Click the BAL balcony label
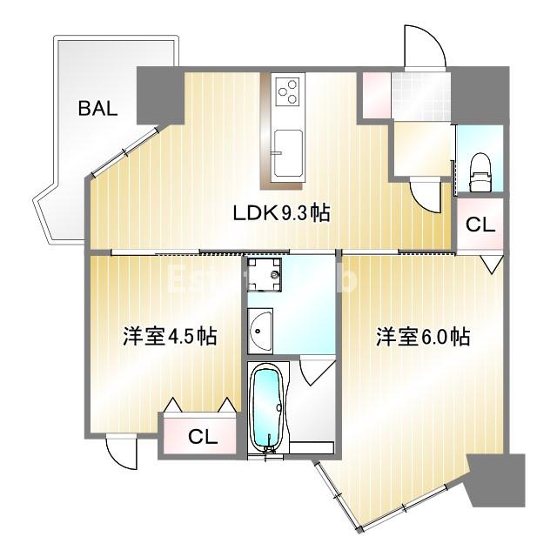tap(97, 109)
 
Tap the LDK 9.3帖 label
tap(279, 212)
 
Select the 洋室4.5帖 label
tap(170, 336)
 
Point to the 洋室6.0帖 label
tap(423, 336)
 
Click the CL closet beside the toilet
tap(480, 224)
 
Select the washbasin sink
tap(259, 329)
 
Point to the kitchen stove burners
tap(289, 90)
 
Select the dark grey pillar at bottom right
tap(496, 480)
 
